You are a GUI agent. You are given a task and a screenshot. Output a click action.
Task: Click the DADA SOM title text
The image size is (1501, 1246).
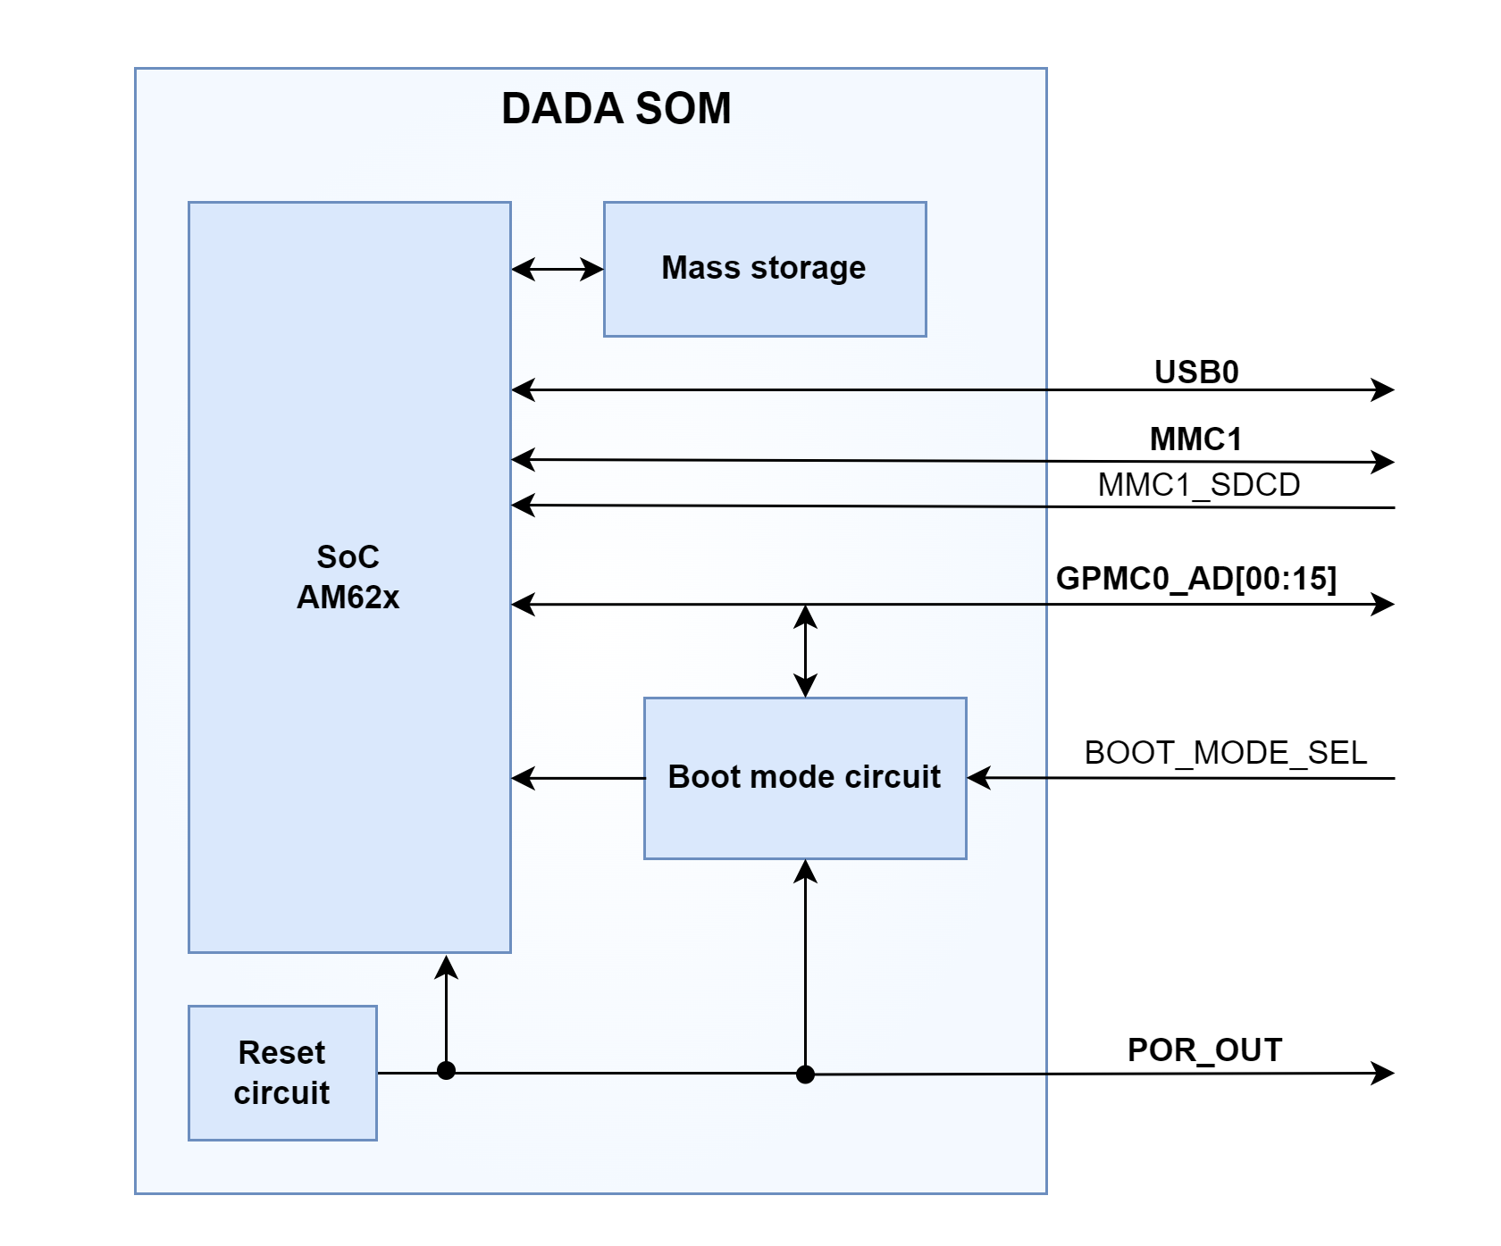pos(616,109)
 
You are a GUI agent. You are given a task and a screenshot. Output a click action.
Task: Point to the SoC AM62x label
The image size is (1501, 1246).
pos(348,577)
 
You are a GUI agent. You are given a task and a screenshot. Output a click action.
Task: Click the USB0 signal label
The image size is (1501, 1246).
pos(1196,372)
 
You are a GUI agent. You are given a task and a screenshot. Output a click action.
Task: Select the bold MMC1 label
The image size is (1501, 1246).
pos(1195,439)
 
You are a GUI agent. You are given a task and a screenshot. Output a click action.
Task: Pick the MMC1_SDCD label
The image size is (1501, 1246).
pos(1198,485)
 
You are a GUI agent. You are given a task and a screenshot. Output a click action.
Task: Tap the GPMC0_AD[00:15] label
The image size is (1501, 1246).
pos(1195,579)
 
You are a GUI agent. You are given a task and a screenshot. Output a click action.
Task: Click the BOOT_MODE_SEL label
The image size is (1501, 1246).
pos(1225,753)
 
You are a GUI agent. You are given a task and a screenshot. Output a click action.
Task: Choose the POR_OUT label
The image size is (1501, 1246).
pos(1204,1050)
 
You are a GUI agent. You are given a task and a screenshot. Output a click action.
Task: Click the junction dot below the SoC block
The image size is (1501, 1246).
pos(447,1071)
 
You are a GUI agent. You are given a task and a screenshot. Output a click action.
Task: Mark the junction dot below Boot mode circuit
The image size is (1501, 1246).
pos(805,1074)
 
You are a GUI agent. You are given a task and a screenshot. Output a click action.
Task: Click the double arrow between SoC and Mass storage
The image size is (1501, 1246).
pos(558,269)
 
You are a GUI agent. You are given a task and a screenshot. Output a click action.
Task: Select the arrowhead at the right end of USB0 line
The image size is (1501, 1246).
pos(1384,389)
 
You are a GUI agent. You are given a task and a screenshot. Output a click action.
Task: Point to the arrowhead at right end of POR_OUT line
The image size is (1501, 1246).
pos(1384,1073)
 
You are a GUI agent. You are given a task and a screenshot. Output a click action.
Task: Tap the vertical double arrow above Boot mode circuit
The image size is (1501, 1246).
pos(805,650)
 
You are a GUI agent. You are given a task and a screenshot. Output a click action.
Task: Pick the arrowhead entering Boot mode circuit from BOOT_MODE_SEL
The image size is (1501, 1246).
pos(979,778)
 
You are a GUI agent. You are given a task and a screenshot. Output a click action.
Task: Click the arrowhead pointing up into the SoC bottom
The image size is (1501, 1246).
pos(446,966)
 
